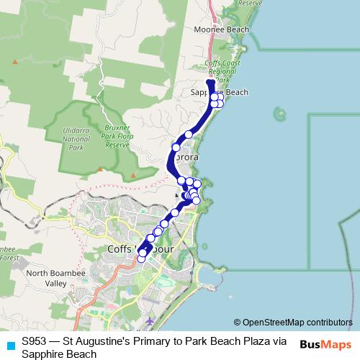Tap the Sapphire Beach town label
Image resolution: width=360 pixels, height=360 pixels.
(220, 92)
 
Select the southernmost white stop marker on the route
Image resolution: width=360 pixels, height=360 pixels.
(142, 258)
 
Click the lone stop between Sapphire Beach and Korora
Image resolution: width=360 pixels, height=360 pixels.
(189, 134)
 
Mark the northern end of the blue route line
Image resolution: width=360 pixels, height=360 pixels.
(210, 83)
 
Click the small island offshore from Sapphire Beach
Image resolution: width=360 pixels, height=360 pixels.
(279, 112)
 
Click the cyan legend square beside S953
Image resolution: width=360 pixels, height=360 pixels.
(9, 344)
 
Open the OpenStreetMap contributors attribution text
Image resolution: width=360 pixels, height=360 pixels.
(293, 323)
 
